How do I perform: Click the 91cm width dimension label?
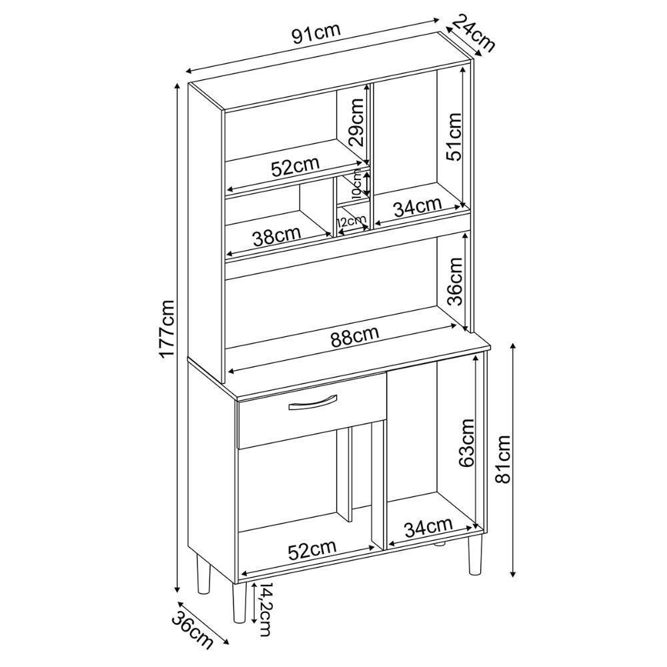click(x=316, y=33)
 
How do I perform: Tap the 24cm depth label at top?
click(x=474, y=32)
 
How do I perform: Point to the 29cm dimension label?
click(x=355, y=123)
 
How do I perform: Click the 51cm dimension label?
click(x=453, y=137)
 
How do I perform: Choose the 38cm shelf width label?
click(x=277, y=236)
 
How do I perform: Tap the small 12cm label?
click(x=351, y=221)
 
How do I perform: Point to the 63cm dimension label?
click(x=466, y=443)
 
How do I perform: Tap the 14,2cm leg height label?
click(x=265, y=612)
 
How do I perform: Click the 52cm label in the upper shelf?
click(x=295, y=167)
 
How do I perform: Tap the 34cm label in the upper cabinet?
click(x=418, y=207)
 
